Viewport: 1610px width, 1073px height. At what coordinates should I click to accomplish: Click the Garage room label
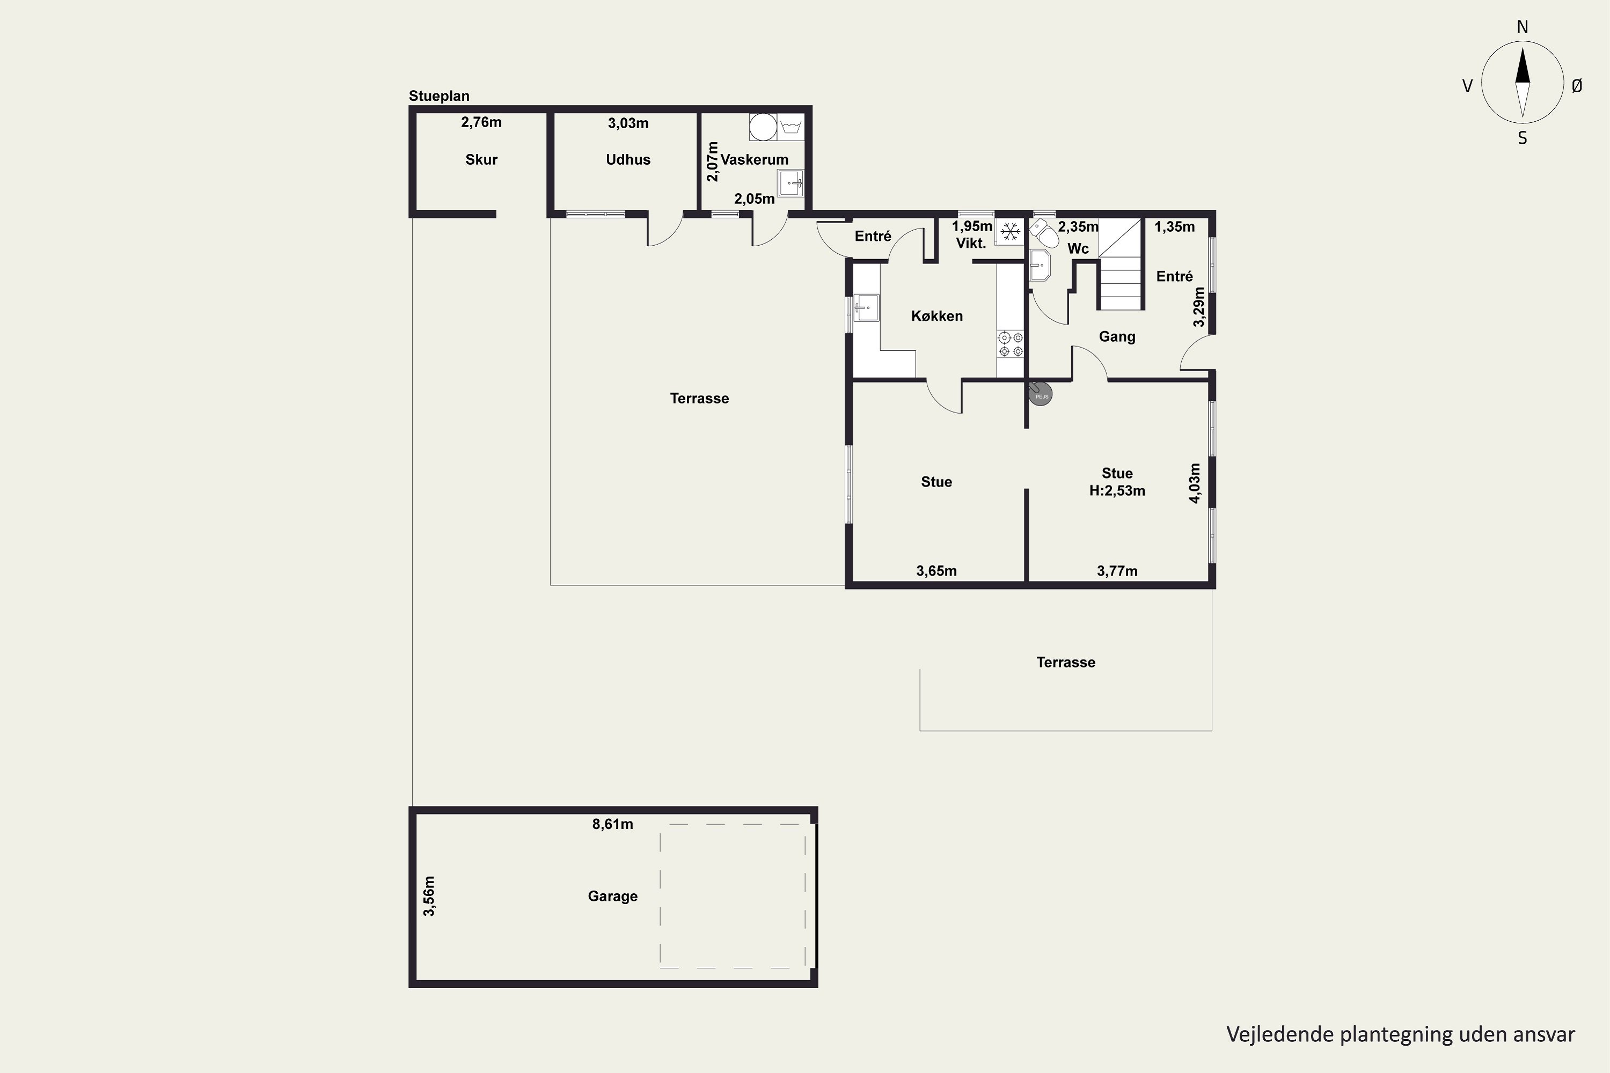click(613, 896)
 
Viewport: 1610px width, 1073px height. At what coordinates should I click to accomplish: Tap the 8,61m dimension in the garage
click(613, 825)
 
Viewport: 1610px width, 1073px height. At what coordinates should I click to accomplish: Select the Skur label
click(481, 159)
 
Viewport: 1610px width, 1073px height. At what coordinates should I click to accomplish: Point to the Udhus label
click(628, 159)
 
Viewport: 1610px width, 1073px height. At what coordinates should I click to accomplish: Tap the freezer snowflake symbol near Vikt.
click(1009, 232)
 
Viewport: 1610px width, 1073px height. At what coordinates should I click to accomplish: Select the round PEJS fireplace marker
click(1041, 394)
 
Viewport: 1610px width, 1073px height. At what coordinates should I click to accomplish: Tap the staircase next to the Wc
click(1121, 264)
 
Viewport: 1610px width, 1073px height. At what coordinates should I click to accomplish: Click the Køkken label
click(936, 316)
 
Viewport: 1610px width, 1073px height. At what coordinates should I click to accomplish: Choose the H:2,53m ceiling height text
click(1117, 491)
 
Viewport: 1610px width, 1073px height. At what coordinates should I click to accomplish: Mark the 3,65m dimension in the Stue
click(936, 571)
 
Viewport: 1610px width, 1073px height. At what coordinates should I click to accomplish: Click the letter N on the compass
click(1523, 27)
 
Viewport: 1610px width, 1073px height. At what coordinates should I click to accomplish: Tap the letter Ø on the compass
click(1577, 85)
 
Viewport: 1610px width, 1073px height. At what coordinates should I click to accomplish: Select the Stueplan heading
click(439, 97)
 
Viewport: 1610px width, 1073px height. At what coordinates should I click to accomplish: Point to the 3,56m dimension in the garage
click(428, 896)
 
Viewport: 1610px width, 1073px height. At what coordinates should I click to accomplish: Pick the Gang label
click(1117, 337)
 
